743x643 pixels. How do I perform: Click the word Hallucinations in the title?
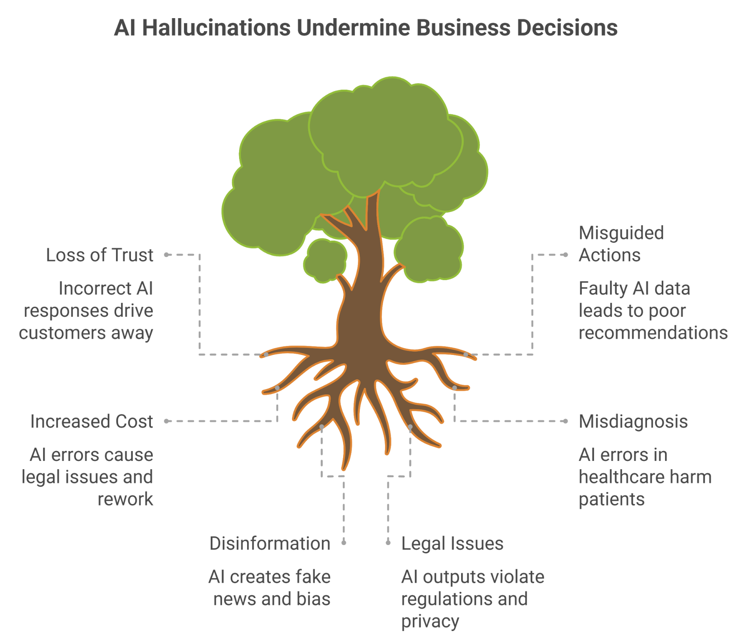216,28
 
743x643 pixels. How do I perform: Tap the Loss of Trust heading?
99,255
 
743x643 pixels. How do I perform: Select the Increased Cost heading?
91,421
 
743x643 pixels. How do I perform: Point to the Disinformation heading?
270,543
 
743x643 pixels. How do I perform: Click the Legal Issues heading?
452,543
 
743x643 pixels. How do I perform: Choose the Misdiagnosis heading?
633,421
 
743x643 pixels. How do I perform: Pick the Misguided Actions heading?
621,244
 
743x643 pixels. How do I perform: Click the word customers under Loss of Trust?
61,333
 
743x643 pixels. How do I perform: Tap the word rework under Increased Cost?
125,499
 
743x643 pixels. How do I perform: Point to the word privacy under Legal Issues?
430,621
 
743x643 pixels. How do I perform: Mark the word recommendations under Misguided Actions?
653,333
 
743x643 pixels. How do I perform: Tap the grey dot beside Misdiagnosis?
566,421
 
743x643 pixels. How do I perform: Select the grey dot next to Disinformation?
344,542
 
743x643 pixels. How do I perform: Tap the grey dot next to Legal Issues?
388,542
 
